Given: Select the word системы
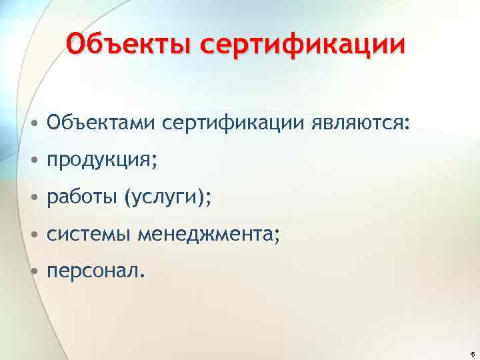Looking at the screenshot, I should pyautogui.click(x=89, y=234).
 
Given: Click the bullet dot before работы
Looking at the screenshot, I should pyautogui.click(x=33, y=198).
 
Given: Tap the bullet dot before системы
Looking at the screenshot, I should pyautogui.click(x=33, y=235).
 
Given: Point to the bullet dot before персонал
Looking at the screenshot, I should pyautogui.click(x=33, y=271).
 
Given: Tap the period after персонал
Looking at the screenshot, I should pyautogui.click(x=141, y=276).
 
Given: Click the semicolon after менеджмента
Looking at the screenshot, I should pyautogui.click(x=278, y=237).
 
